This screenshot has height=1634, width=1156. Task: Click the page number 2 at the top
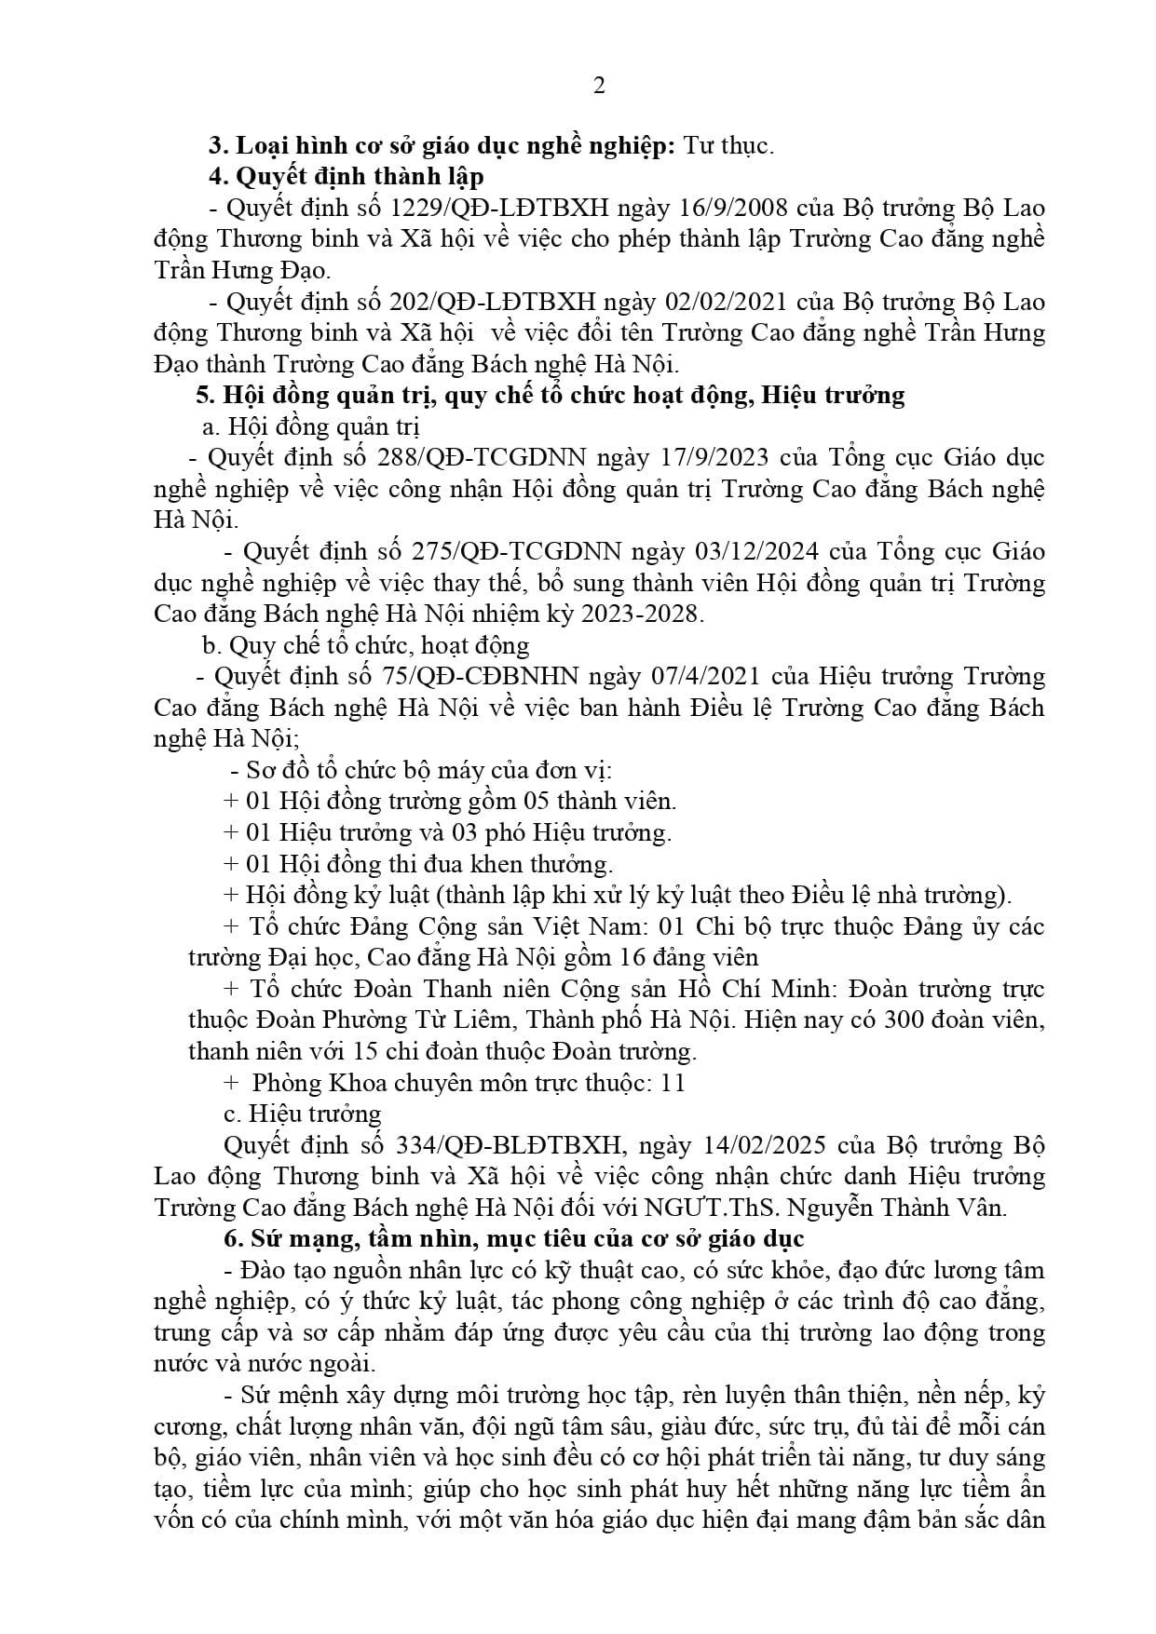tap(599, 86)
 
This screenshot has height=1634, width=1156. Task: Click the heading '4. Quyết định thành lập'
tap(346, 176)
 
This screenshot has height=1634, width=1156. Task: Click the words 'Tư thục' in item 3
tap(728, 145)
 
